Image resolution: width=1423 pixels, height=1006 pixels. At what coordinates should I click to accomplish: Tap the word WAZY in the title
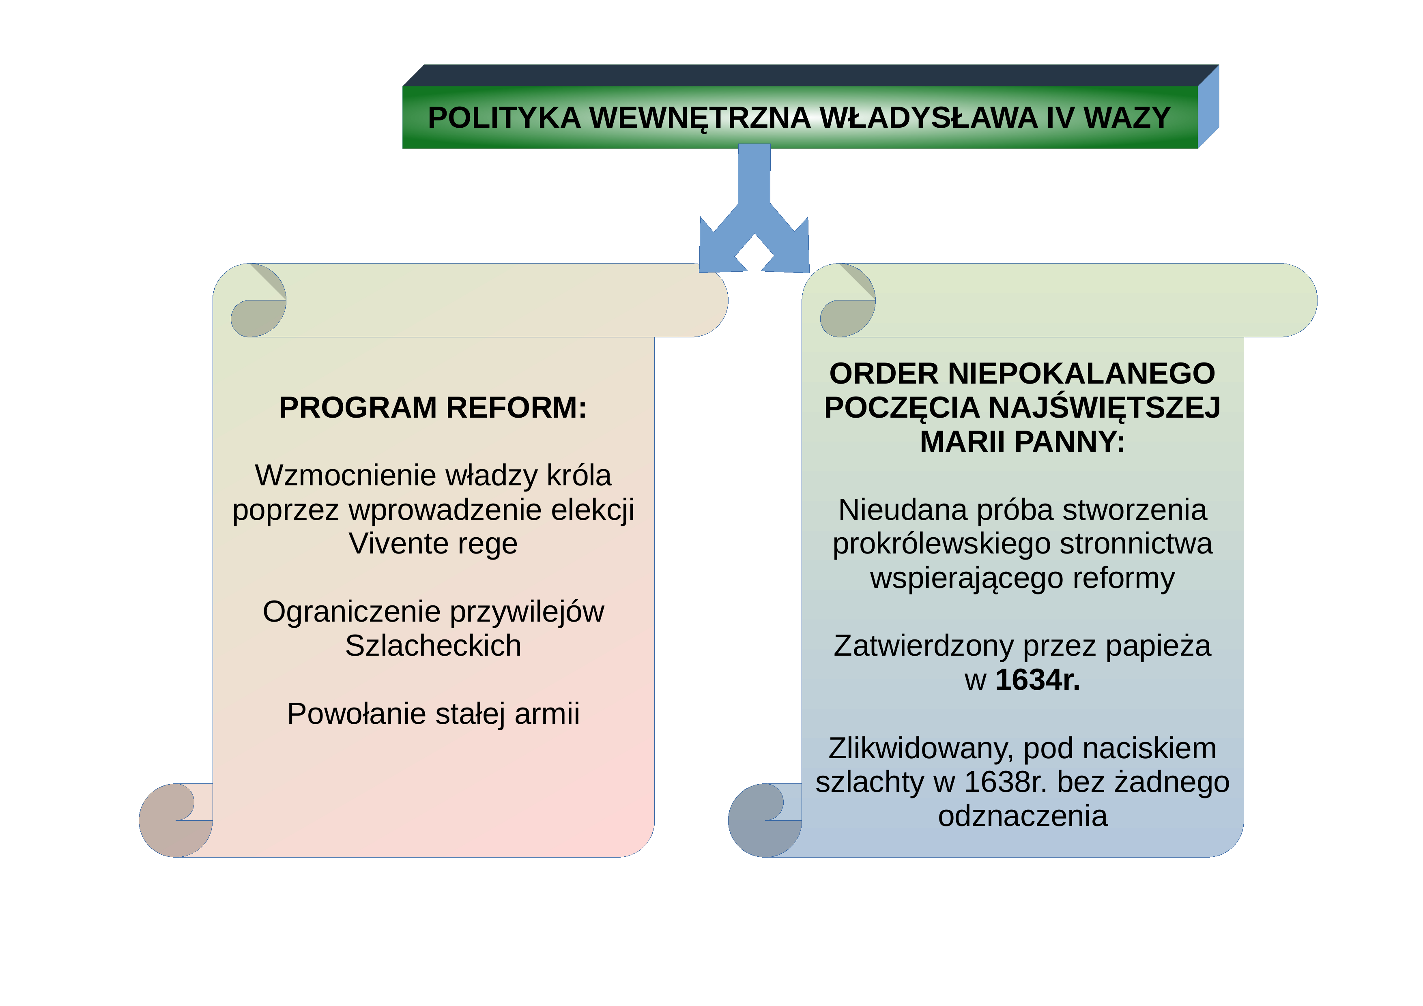tap(1127, 118)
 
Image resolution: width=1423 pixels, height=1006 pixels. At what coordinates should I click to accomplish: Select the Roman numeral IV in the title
tap(1060, 118)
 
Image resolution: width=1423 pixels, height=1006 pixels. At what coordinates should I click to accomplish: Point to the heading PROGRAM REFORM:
tap(432, 408)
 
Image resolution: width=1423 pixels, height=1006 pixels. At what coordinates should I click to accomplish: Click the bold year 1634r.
tap(1038, 680)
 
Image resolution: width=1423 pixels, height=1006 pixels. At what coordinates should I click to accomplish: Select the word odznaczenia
tap(1023, 816)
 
